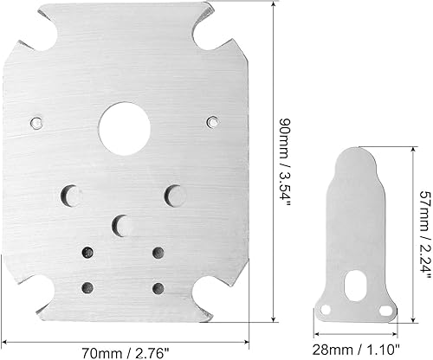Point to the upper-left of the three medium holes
point(72,194)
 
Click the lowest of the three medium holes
point(123,223)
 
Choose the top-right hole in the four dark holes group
point(158,253)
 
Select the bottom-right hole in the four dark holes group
point(158,287)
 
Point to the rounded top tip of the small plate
point(355,151)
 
